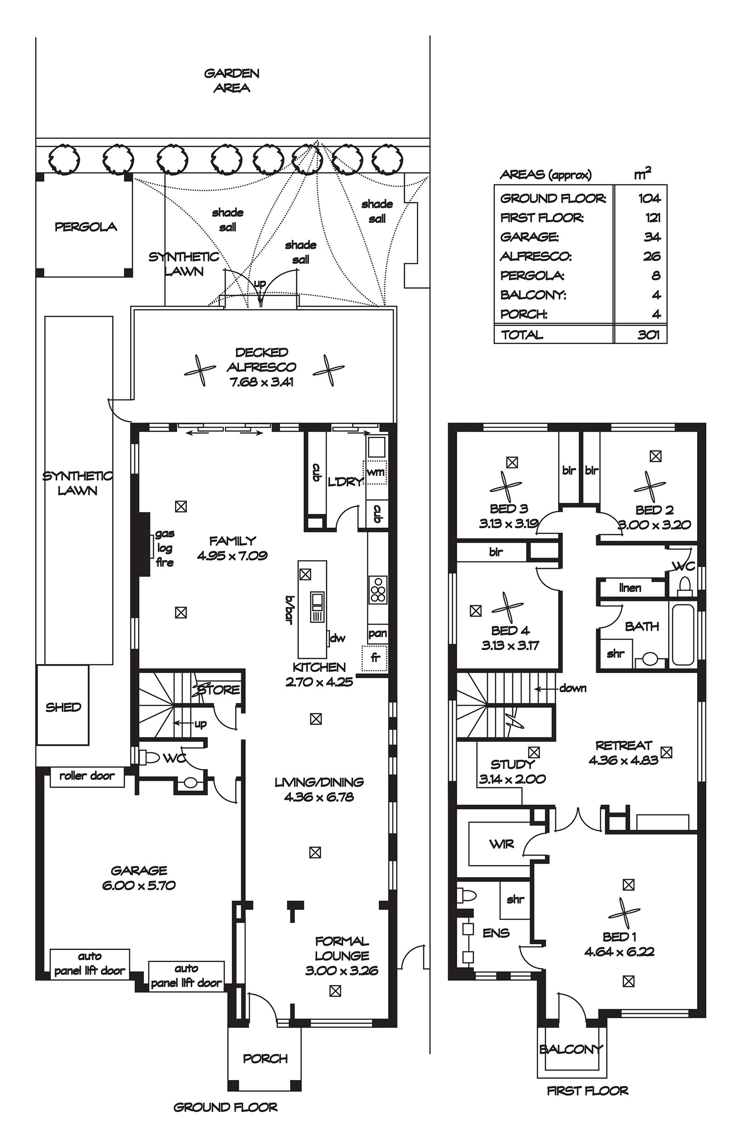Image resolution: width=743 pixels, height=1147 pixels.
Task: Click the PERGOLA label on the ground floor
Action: coord(85,227)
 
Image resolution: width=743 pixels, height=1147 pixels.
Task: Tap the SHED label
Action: coord(63,707)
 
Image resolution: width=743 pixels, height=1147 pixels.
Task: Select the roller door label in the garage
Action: coord(87,776)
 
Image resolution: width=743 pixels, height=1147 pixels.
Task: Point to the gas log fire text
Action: coord(165,548)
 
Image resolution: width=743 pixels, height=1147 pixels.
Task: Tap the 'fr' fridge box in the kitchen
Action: coord(375,657)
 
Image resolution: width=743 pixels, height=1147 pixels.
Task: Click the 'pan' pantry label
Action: coord(377,633)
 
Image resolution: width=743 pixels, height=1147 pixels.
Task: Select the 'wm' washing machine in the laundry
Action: coord(376,472)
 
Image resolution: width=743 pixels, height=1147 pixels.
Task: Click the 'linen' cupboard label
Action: coord(630,588)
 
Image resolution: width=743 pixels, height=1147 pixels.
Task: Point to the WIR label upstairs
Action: coord(502,844)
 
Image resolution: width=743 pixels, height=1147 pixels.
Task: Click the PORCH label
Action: coord(265,1069)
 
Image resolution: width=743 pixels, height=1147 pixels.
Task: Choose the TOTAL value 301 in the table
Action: coord(648,334)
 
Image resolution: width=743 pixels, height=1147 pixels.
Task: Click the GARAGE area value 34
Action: coord(651,237)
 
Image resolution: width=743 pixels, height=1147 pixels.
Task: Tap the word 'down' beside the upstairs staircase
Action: coord(572,688)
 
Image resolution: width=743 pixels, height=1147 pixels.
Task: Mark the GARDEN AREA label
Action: coord(232,80)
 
